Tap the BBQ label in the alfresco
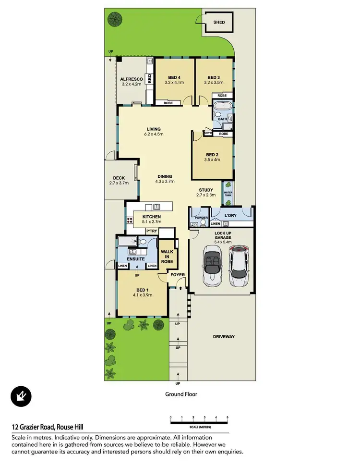point(149,78)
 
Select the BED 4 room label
point(174,78)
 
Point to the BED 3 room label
point(214,78)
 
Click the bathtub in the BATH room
point(222,106)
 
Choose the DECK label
point(119,178)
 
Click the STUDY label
point(206,190)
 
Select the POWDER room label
point(201,217)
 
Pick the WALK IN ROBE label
point(167,256)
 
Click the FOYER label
point(178,275)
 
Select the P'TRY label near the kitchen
point(152,232)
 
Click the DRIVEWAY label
point(224,337)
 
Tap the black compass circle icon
point(21,396)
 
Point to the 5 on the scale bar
point(228,417)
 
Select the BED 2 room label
point(212,155)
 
